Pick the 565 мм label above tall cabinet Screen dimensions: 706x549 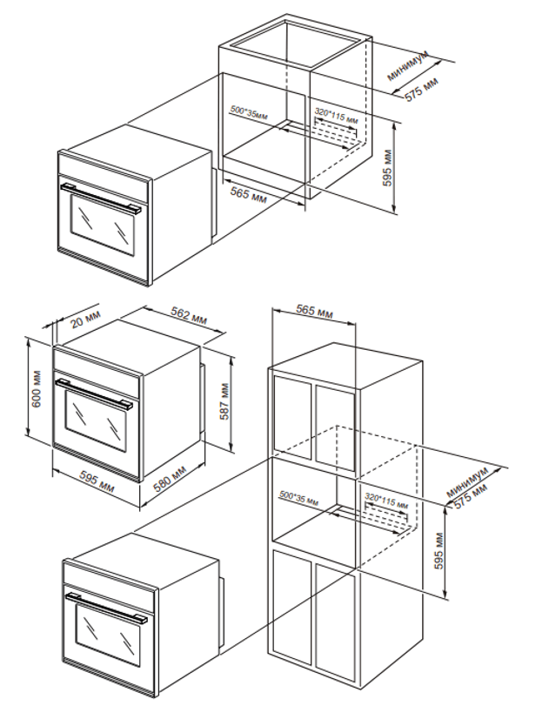tap(313, 312)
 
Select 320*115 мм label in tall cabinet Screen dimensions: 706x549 tap(385, 501)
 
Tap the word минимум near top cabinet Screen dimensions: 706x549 tap(408, 65)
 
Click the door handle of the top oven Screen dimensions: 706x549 tap(102, 198)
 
